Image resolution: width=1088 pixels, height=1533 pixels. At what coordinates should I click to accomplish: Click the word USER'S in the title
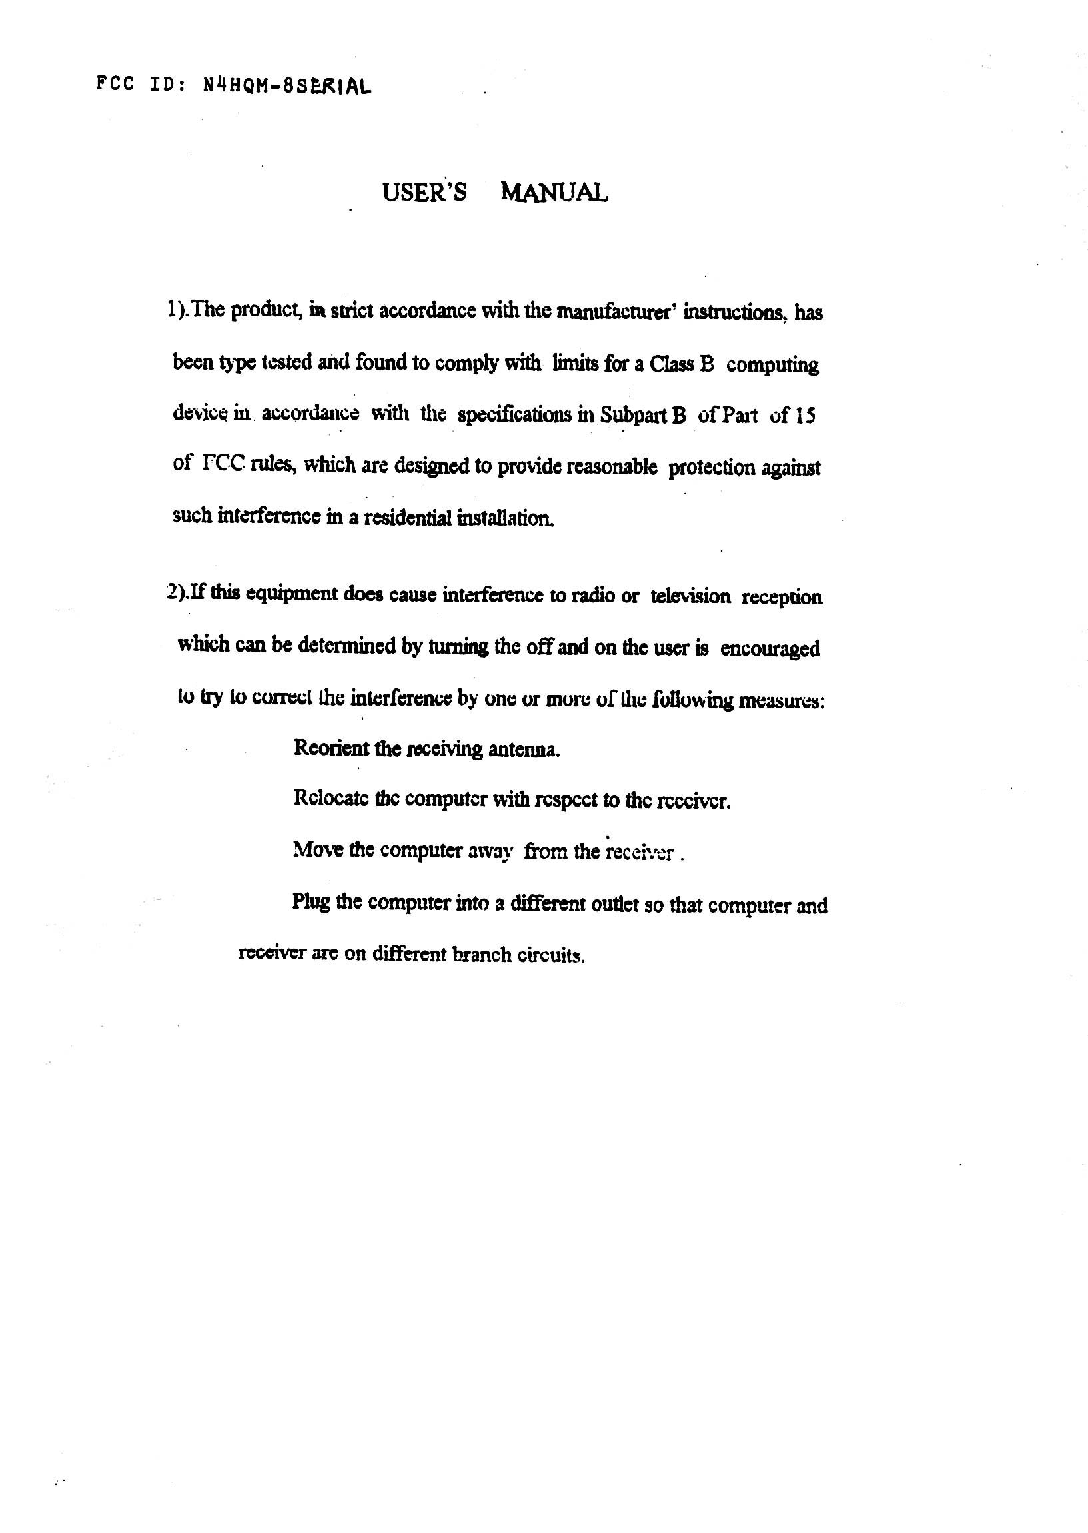(424, 193)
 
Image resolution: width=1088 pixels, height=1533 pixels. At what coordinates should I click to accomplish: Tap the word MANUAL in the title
(554, 193)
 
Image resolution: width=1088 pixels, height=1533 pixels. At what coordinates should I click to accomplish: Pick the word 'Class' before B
(672, 365)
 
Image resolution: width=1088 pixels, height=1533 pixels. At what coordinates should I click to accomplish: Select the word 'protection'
(711, 468)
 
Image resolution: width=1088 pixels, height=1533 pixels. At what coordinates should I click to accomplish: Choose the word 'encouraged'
(770, 649)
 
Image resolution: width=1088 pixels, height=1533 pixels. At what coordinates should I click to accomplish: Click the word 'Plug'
(310, 903)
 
